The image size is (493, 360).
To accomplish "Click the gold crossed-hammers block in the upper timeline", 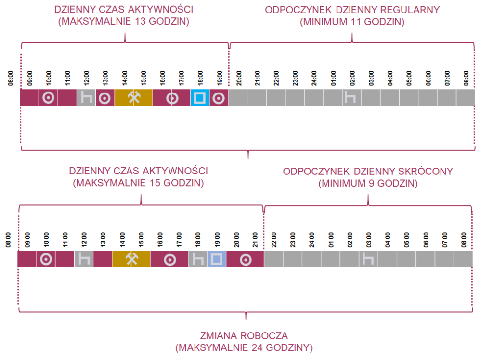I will pos(133,98).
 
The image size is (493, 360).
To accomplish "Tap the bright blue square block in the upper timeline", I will pos(200,98).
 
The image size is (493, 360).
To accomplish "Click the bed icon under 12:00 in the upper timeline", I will pos(86,98).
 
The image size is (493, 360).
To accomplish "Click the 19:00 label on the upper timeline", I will pos(220,78).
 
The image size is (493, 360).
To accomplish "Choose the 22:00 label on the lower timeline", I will pos(274,239).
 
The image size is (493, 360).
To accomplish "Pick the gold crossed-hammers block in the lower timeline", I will pos(131,259).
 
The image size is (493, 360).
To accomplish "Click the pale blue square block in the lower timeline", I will pos(217,259).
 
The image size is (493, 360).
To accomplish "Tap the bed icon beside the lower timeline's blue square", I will pos(198,259).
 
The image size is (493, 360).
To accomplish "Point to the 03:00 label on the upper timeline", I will pos(371,78).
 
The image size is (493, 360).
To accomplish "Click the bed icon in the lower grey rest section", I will pos(368,259).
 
